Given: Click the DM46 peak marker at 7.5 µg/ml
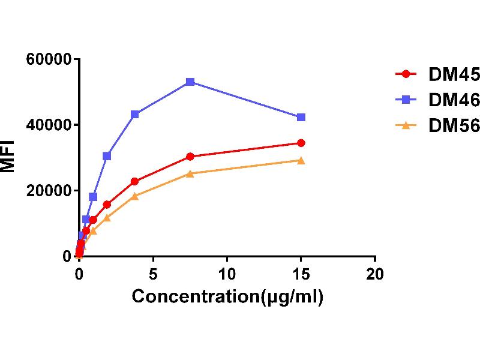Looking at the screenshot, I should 190,82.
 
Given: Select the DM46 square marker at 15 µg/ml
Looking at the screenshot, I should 301,117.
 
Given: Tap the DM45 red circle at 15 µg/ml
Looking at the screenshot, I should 301,143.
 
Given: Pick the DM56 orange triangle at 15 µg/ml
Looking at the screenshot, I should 301,160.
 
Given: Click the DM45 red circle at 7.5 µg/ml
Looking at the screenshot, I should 190,157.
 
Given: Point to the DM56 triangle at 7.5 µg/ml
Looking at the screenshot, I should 190,173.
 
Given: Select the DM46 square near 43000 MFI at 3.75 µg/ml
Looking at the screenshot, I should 135,114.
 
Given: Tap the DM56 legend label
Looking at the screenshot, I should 454,125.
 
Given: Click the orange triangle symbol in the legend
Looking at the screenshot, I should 406,125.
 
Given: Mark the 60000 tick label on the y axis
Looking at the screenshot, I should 49,59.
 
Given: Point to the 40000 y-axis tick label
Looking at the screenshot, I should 49,125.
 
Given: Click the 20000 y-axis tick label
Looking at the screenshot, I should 49,191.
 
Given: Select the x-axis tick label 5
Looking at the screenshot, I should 153,274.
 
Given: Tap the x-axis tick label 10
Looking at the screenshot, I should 227,274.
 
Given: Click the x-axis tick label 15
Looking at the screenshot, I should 301,274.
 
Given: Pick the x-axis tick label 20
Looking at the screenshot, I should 375,274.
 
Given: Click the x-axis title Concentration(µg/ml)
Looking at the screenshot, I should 227,296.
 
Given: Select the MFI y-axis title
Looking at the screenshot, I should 8,158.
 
